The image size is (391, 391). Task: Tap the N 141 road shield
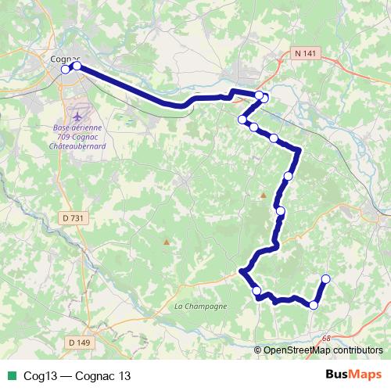pos(306,52)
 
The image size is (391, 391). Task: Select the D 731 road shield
pos(71,217)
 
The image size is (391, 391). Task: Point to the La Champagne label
pos(201,306)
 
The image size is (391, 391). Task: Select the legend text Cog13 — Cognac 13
pos(77,375)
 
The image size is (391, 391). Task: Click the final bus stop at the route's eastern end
pos(326,279)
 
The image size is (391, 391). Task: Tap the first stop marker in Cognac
pos(66,70)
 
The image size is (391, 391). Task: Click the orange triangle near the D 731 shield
pos(165,242)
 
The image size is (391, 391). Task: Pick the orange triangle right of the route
pos(264,195)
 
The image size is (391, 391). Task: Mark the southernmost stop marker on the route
pos(314,305)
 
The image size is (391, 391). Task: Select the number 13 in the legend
pos(124,375)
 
